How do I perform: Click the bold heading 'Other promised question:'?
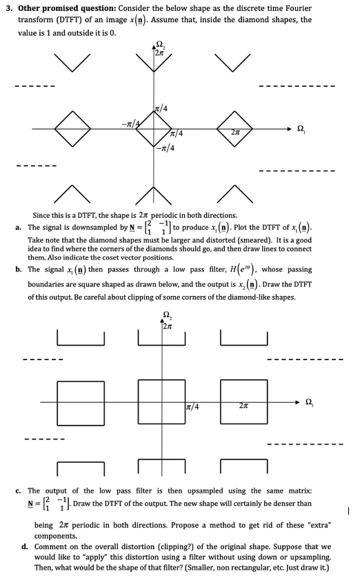click(x=58, y=8)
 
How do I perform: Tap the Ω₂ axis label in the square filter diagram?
click(x=166, y=319)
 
